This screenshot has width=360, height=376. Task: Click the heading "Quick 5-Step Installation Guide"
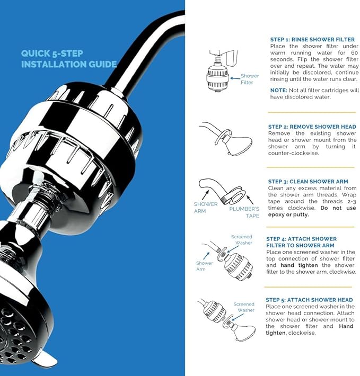coord(69,59)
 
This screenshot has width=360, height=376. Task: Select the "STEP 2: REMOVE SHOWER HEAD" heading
coord(312,127)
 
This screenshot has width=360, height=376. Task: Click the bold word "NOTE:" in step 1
coord(279,91)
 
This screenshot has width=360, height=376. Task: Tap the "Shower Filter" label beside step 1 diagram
coord(250,79)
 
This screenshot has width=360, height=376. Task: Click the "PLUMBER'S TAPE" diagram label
coord(244,212)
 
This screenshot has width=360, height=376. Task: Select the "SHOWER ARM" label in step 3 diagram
coord(206,208)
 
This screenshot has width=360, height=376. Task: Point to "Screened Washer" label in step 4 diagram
coord(242,240)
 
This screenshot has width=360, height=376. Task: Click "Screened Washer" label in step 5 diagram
coord(244,307)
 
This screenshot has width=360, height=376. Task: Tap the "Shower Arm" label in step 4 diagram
coord(205,266)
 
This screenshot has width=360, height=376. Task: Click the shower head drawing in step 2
coord(233,144)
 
